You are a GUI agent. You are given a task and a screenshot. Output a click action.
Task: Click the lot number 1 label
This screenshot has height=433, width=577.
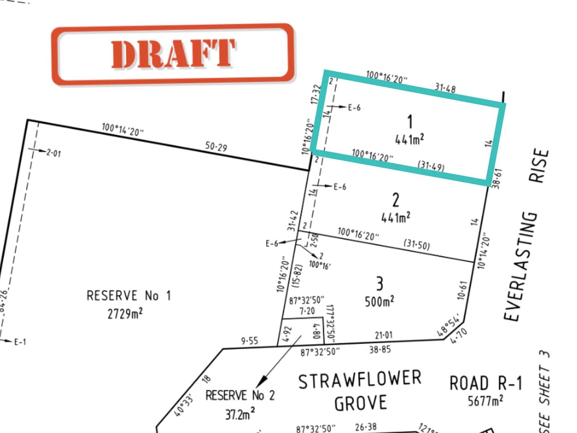(x=410, y=121)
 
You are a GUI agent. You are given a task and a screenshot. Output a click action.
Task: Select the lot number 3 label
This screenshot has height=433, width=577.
(x=379, y=283)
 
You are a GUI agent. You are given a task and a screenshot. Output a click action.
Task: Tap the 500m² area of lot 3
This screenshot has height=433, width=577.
(x=379, y=301)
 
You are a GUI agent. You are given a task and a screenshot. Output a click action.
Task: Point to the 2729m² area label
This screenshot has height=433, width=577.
(x=125, y=313)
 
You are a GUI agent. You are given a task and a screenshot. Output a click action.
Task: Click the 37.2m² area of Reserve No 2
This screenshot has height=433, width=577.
(x=240, y=413)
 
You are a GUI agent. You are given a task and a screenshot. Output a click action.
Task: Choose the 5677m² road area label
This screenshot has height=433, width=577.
(x=486, y=401)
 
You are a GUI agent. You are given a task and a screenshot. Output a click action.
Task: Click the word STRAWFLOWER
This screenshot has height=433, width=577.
(x=360, y=380)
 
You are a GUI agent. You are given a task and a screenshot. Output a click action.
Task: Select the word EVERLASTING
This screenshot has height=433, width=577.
(x=521, y=266)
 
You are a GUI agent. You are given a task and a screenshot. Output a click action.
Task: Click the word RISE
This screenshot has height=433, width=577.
(x=539, y=166)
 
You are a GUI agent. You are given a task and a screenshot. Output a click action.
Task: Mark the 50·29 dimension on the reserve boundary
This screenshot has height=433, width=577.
(x=216, y=147)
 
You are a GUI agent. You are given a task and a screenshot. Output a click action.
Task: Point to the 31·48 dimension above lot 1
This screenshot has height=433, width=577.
(x=445, y=87)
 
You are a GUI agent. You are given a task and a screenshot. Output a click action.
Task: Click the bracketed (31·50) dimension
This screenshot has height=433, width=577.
(x=417, y=244)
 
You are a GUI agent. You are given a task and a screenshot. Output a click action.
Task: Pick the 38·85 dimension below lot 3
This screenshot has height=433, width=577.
(x=380, y=350)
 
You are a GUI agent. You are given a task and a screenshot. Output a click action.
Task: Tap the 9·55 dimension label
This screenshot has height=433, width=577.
(x=249, y=341)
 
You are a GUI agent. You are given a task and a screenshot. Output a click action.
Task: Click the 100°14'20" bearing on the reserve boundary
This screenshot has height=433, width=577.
(x=123, y=129)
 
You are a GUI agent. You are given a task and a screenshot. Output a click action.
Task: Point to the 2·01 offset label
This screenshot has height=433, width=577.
(x=54, y=153)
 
